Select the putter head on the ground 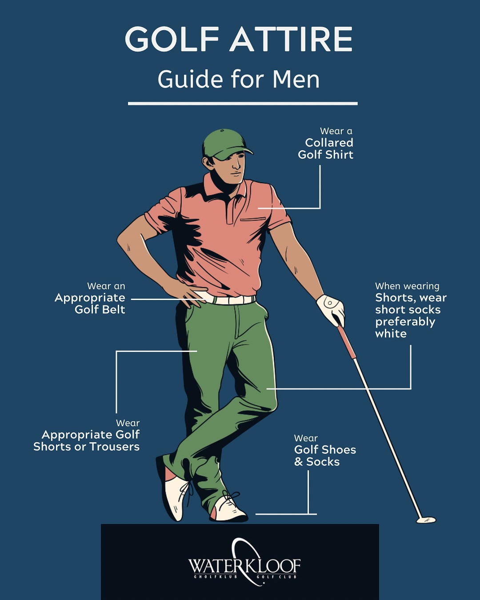(426, 520)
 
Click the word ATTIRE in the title (291, 39)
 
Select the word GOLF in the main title (172, 39)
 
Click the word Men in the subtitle (296, 80)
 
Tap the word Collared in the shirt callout (329, 143)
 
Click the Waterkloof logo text (244, 566)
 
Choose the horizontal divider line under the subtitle (243, 104)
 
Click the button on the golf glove (330, 303)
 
